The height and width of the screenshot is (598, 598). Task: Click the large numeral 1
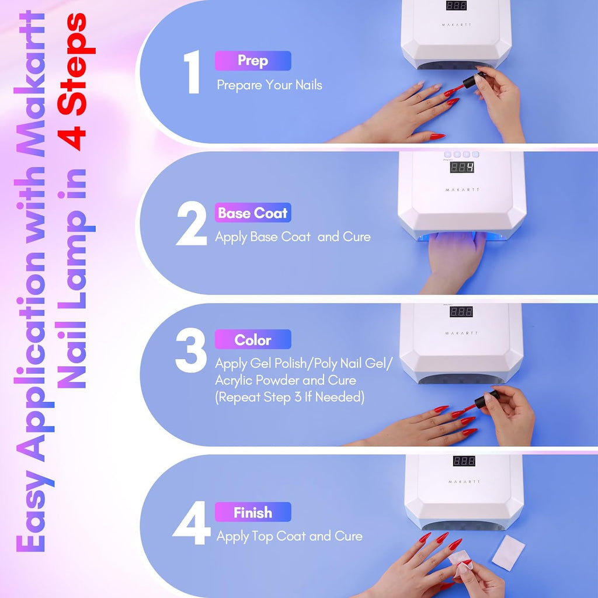click(192, 72)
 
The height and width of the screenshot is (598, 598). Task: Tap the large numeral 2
click(191, 225)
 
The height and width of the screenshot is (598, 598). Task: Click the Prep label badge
click(253, 61)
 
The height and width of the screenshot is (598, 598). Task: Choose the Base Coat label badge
click(253, 213)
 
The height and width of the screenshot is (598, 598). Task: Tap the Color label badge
click(253, 340)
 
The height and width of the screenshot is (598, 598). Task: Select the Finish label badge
click(253, 513)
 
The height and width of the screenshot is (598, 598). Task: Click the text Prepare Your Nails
click(269, 85)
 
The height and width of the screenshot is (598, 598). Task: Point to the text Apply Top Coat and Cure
click(290, 536)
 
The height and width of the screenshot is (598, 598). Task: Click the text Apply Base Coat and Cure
click(293, 237)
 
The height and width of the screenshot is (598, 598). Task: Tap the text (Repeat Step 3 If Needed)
click(290, 397)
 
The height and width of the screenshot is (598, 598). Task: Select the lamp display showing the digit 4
click(461, 167)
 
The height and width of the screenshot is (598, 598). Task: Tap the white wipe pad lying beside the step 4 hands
click(508, 552)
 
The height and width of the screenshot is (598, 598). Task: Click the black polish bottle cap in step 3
click(486, 399)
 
